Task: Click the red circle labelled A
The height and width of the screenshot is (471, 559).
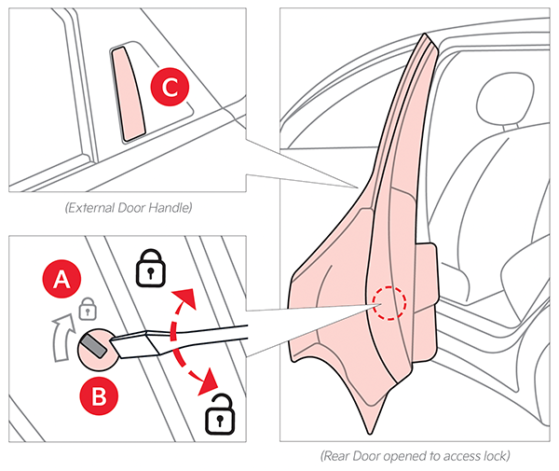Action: (x=62, y=277)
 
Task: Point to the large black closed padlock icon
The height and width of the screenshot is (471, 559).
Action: (x=149, y=268)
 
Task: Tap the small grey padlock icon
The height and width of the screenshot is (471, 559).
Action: (x=87, y=307)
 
